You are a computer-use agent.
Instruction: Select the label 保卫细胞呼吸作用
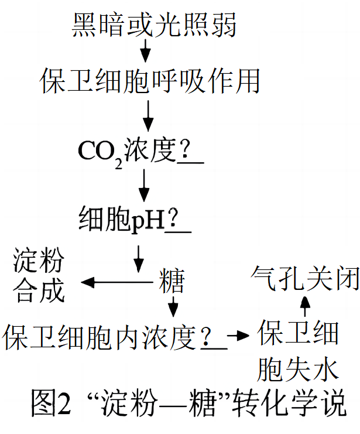[x=150, y=80]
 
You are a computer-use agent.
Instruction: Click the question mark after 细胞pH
[x=174, y=220]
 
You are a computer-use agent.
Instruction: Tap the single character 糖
[x=172, y=282]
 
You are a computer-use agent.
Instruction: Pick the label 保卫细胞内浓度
[x=100, y=337]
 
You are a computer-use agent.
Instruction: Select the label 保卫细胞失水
[x=299, y=351]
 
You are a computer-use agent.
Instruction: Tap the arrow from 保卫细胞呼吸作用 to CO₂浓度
[x=148, y=115]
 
